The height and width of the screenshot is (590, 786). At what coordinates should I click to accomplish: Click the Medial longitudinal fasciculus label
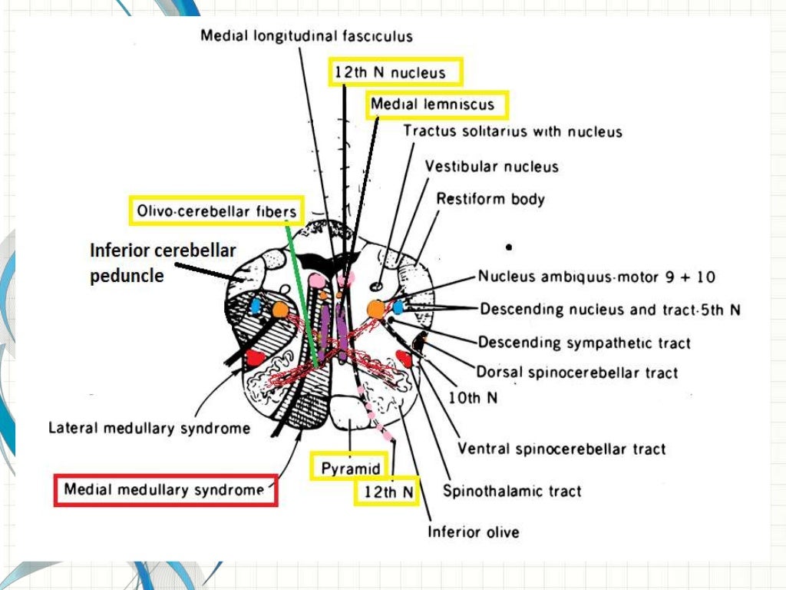[306, 36]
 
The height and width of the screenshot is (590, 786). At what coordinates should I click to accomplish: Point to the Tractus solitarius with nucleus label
[512, 131]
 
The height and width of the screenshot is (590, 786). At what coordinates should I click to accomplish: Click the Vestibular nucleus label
[492, 166]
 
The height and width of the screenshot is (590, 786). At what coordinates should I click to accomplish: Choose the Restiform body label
[490, 199]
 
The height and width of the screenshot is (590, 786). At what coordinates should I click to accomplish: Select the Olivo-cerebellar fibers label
[216, 210]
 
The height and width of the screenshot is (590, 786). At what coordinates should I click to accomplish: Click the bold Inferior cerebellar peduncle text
[163, 263]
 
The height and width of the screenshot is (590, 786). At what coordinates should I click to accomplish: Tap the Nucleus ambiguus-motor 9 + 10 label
[596, 277]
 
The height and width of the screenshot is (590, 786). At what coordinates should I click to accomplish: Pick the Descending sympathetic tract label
[584, 342]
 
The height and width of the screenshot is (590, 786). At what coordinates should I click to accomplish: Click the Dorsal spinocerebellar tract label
[577, 373]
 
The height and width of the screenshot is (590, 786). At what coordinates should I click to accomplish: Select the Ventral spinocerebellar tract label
[561, 449]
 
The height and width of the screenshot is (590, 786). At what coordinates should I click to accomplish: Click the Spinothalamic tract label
[512, 491]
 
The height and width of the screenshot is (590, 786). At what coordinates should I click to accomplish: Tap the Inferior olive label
[473, 532]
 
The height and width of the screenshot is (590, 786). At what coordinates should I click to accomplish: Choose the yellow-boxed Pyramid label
[351, 468]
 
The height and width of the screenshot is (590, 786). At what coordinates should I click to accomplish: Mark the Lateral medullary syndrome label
[149, 428]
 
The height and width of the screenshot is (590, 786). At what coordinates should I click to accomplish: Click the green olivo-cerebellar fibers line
[301, 292]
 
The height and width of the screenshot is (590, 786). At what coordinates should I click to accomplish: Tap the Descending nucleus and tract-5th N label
[609, 310]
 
